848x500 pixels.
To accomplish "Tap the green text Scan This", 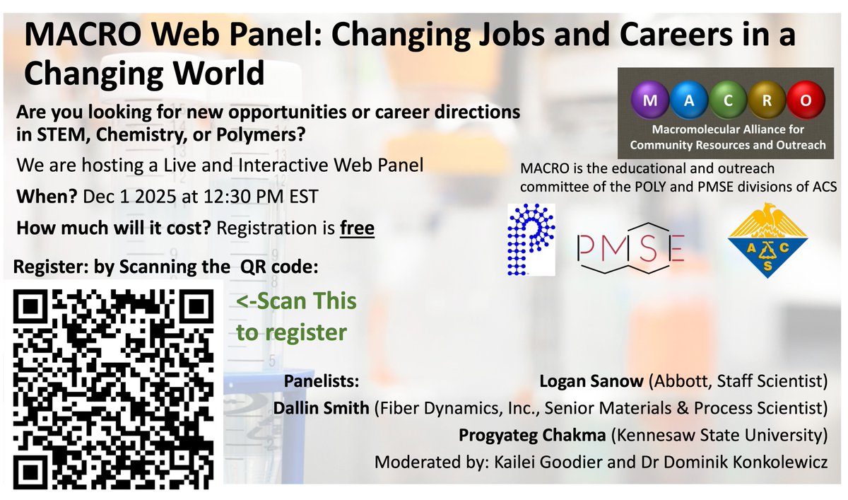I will pyautogui.click(x=296, y=301).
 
